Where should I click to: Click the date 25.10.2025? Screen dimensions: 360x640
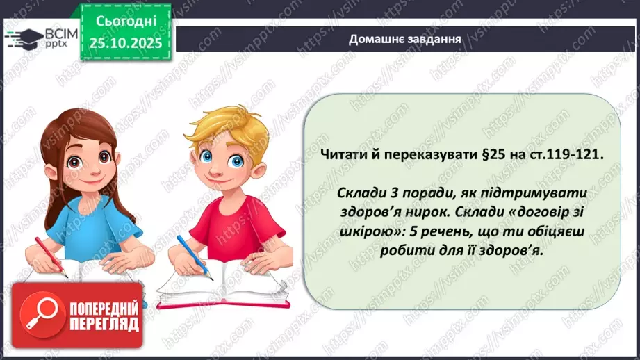pyautogui.click(x=126, y=42)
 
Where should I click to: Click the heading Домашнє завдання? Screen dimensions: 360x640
pyautogui.click(x=405, y=39)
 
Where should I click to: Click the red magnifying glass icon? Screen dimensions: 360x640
pyautogui.click(x=37, y=315)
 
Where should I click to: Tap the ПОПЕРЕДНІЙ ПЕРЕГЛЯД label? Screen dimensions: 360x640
pyautogui.click(x=102, y=316)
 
